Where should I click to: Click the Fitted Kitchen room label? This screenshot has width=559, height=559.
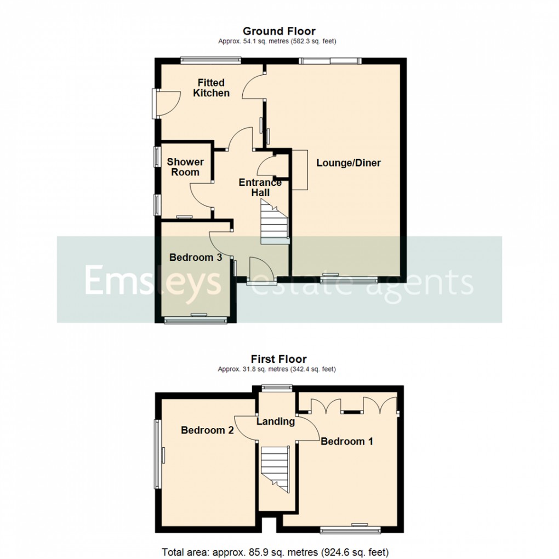(211, 88)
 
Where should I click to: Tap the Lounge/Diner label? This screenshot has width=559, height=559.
(348, 163)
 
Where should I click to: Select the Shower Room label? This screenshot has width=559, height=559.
(185, 167)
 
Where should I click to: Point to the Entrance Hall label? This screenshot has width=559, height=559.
(260, 187)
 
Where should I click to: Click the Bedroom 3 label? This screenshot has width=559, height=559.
(195, 258)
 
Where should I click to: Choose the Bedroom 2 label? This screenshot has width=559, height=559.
(207, 431)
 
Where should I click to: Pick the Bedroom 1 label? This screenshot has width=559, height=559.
(347, 441)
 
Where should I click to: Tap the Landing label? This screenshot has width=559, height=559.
(276, 421)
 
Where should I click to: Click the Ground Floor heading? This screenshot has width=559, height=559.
(279, 31)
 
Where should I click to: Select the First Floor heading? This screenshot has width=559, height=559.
(279, 360)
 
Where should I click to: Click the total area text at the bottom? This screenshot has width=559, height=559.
(275, 552)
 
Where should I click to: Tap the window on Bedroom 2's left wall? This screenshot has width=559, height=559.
(158, 454)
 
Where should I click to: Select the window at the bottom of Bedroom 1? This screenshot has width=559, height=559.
(350, 529)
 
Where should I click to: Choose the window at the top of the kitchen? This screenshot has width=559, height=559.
(211, 60)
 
